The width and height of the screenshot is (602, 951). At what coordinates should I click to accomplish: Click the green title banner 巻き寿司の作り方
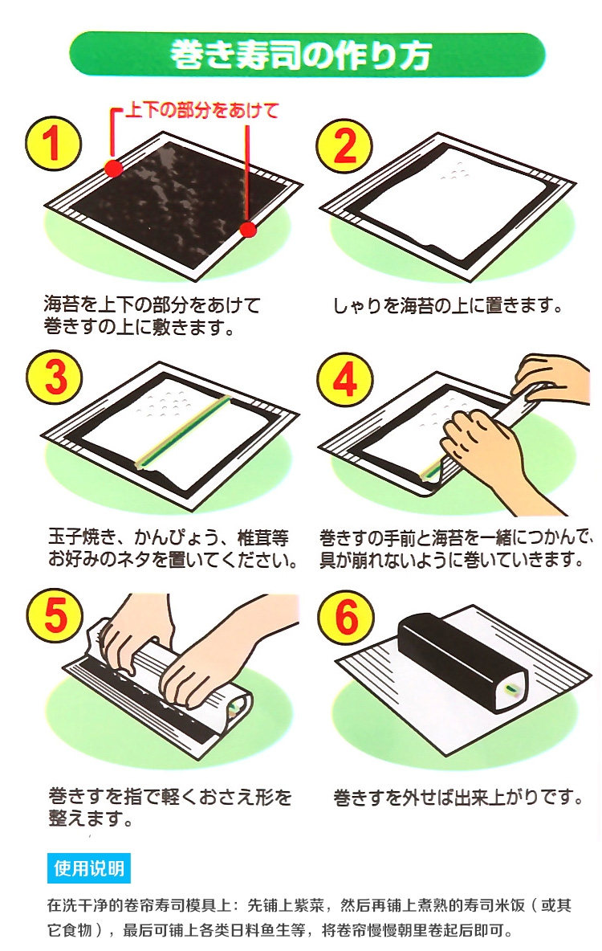pos(307,55)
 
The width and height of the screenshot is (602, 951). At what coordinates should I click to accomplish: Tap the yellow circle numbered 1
pos(53,144)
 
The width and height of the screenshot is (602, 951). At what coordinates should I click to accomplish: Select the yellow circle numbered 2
pos(344,146)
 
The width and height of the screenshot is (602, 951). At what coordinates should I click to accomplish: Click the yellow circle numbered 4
pos(344,380)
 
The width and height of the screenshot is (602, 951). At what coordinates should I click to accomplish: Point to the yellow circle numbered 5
pos(55,615)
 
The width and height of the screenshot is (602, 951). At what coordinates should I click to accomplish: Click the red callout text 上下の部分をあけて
pos(202,110)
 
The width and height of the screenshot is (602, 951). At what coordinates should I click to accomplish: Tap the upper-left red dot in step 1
pos(113,169)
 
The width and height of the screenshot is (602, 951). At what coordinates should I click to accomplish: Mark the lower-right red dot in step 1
pos(247,229)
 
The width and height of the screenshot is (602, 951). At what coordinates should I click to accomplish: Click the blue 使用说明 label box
pos(88,868)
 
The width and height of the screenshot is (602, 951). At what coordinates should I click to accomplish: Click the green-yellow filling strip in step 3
pos(183,432)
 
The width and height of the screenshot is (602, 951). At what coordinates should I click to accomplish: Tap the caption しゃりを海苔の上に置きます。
pos(447,305)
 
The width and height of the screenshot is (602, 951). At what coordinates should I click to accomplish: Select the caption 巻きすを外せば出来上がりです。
pos(458,797)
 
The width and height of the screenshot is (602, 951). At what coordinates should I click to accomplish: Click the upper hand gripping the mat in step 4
pos(549,376)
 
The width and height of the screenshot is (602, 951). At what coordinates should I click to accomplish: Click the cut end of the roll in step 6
pos(511,691)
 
